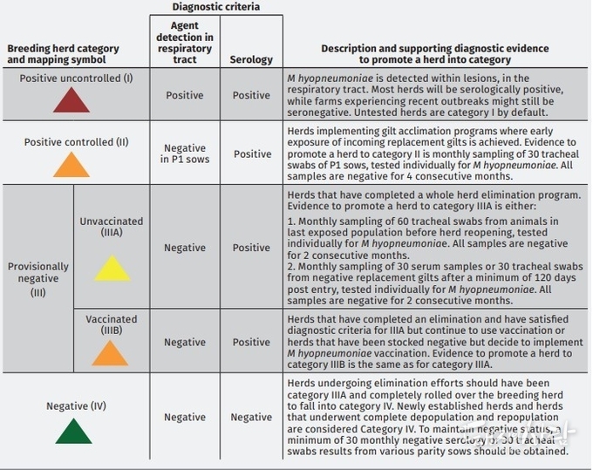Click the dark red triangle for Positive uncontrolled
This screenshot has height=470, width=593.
[x=72, y=101]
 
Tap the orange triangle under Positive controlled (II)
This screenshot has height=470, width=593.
[x=72, y=166]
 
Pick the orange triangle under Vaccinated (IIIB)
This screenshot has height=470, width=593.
[x=111, y=353]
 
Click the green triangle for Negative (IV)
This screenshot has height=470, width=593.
[x=73, y=431]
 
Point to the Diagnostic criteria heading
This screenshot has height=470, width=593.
[x=215, y=7]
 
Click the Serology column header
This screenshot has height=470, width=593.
[x=251, y=60]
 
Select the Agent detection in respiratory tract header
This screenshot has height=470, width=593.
[x=185, y=44]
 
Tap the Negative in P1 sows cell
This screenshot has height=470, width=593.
[x=185, y=153]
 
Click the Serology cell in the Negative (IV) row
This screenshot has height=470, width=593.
[x=251, y=417]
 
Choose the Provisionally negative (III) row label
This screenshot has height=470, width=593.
[x=38, y=279]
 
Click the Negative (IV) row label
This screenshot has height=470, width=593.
[x=77, y=406]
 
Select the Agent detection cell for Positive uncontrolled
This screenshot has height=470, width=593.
[x=185, y=95]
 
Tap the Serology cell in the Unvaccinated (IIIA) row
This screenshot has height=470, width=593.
[x=251, y=248]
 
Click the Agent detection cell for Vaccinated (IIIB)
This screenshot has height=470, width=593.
[x=185, y=342]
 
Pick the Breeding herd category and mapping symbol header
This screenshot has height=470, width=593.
[x=57, y=54]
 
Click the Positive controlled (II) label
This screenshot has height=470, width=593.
[x=76, y=142]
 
